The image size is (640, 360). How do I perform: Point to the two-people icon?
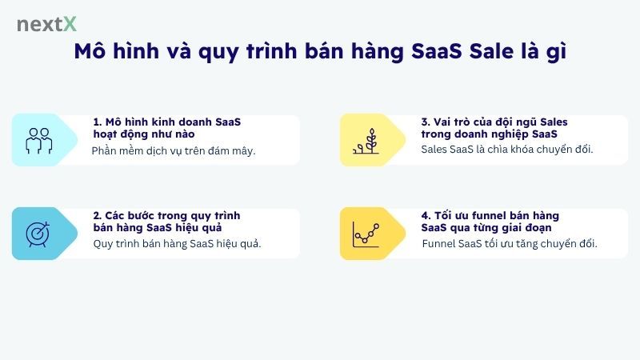[38, 140]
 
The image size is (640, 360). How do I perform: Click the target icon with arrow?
[38, 234]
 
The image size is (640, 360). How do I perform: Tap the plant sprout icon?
[366, 140]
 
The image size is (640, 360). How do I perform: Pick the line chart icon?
[366, 234]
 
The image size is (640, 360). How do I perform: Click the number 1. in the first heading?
[98, 122]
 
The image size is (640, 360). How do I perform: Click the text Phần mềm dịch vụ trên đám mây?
[174, 150]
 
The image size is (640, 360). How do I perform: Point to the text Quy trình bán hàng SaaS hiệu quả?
[177, 243]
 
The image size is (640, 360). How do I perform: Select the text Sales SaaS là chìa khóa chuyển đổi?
[507, 150]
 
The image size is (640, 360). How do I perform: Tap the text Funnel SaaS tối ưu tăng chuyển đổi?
[509, 243]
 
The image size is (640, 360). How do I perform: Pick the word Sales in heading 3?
[552, 122]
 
